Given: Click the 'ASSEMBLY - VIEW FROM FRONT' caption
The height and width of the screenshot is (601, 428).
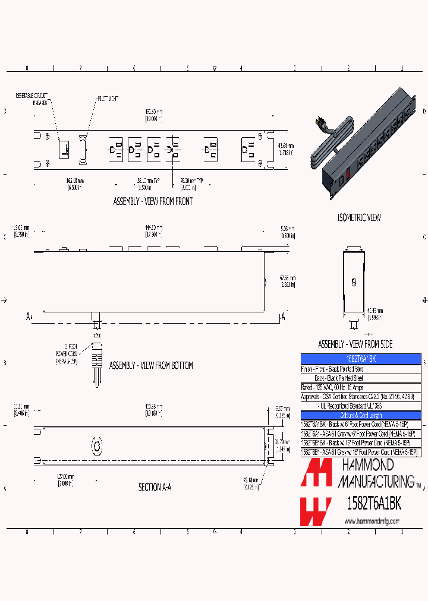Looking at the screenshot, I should pyautogui.click(x=153, y=201).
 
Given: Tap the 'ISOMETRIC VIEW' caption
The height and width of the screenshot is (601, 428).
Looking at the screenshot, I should pyautogui.click(x=358, y=218).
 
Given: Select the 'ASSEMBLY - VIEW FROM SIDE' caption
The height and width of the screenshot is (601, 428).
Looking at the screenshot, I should pyautogui.click(x=355, y=344).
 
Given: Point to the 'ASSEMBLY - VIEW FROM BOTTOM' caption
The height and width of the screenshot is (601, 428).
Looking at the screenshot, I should pyautogui.click(x=151, y=366).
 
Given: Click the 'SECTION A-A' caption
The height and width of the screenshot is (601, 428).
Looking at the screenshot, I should pyautogui.click(x=155, y=487).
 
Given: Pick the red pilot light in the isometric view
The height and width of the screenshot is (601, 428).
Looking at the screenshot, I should pyautogui.click(x=348, y=175).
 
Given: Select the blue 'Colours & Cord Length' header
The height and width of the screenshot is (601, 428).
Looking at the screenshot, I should pyautogui.click(x=360, y=415).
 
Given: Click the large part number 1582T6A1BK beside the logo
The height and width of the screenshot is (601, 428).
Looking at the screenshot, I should pyautogui.click(x=374, y=504).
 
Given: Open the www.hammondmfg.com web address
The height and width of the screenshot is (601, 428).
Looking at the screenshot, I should pyautogui.click(x=372, y=521).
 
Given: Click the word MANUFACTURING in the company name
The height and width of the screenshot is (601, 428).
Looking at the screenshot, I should pyautogui.click(x=376, y=480).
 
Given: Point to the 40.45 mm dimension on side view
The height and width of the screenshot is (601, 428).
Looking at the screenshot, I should pyautogui.click(x=375, y=313).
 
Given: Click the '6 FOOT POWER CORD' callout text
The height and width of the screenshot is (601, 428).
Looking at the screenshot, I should pyautogui.click(x=66, y=355).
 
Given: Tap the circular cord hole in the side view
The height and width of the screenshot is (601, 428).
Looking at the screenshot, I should pyautogui.click(x=353, y=282).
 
